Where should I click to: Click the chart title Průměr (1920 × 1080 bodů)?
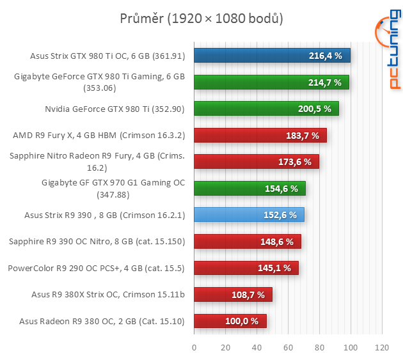tap(201, 19)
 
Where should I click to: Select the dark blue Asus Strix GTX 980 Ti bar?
tap(272, 56)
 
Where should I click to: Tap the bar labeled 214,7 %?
tap(271, 82)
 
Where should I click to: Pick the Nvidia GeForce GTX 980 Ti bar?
tap(266, 109)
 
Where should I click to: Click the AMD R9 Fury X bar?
tap(260, 136)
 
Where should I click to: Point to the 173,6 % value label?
tap(295, 162)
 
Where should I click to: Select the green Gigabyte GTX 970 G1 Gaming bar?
tap(249, 189)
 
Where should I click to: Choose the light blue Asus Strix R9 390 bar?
tap(249, 215)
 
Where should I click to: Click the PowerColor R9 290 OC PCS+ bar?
tap(246, 268)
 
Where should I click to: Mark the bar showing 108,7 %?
tap(233, 295)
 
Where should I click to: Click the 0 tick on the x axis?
tap(194, 348)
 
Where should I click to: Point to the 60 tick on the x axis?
tap(288, 348)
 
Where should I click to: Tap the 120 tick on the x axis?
tap(382, 348)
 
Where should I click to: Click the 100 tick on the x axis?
tap(351, 348)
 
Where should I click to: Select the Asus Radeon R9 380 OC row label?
tap(102, 321)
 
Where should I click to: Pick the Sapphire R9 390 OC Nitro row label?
tap(97, 242)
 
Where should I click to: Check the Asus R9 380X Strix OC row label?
tap(108, 295)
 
